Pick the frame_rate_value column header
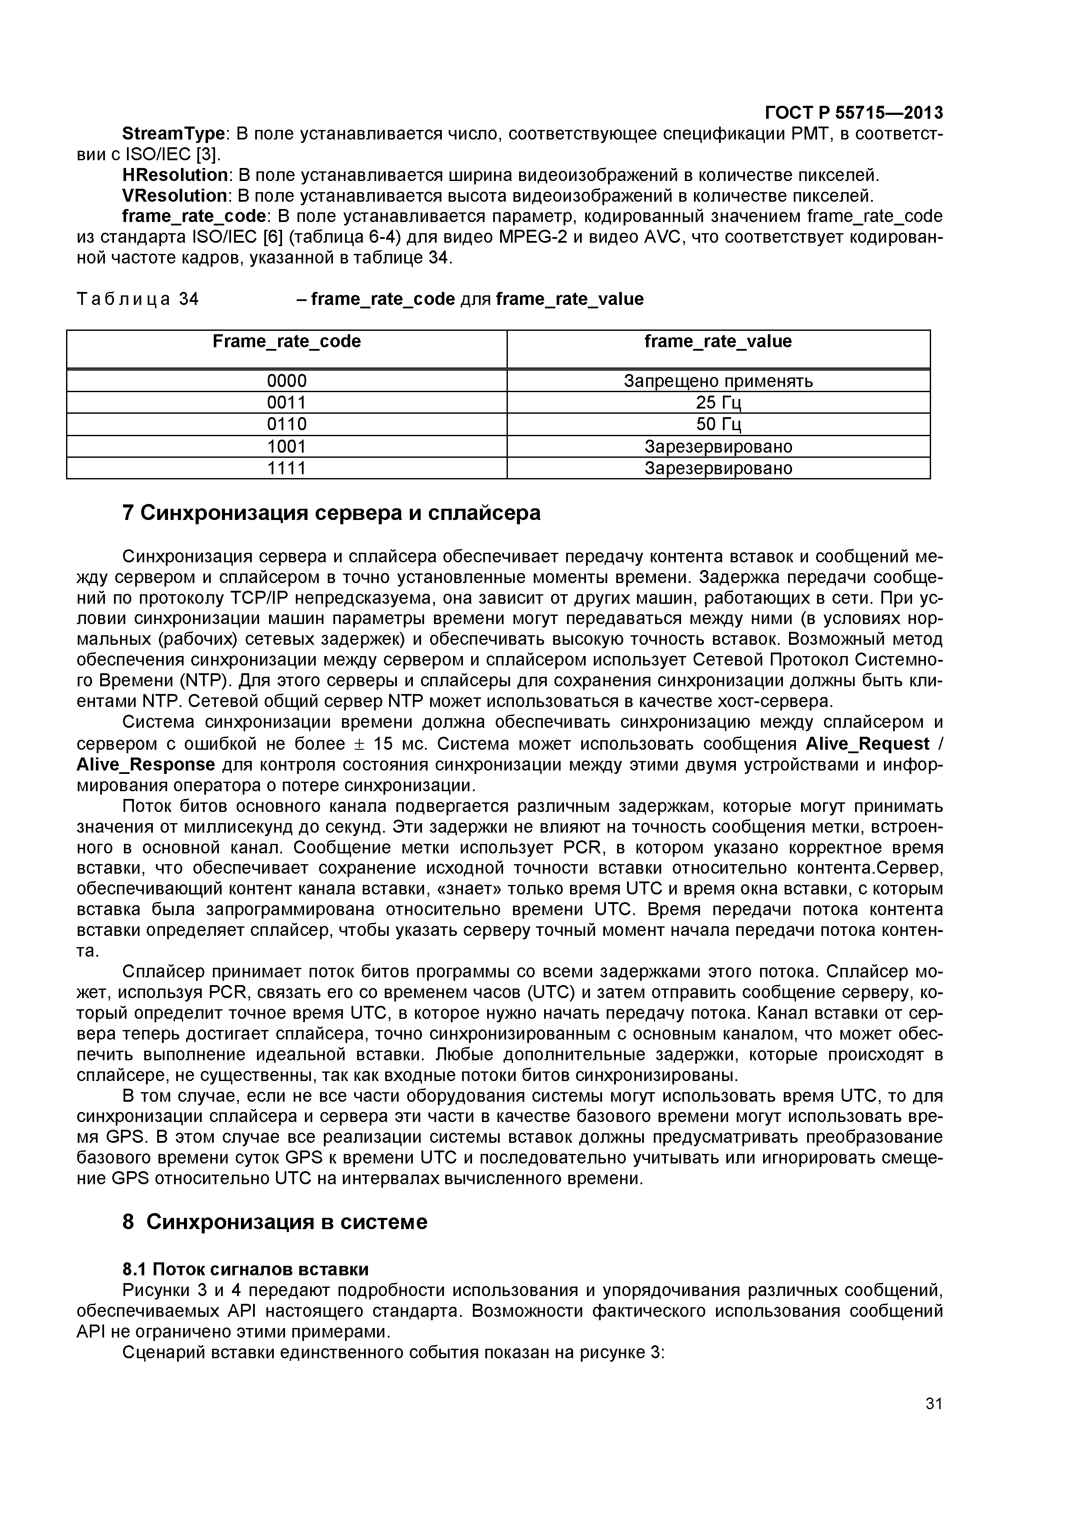pos(718,342)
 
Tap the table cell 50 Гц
pos(718,424)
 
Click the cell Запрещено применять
pos(718,381)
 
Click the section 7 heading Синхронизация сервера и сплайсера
pos(331,513)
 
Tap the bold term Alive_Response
pos(146,765)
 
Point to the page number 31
pos(934,1423)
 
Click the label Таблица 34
pos(137,300)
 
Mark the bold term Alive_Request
pos(867,744)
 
